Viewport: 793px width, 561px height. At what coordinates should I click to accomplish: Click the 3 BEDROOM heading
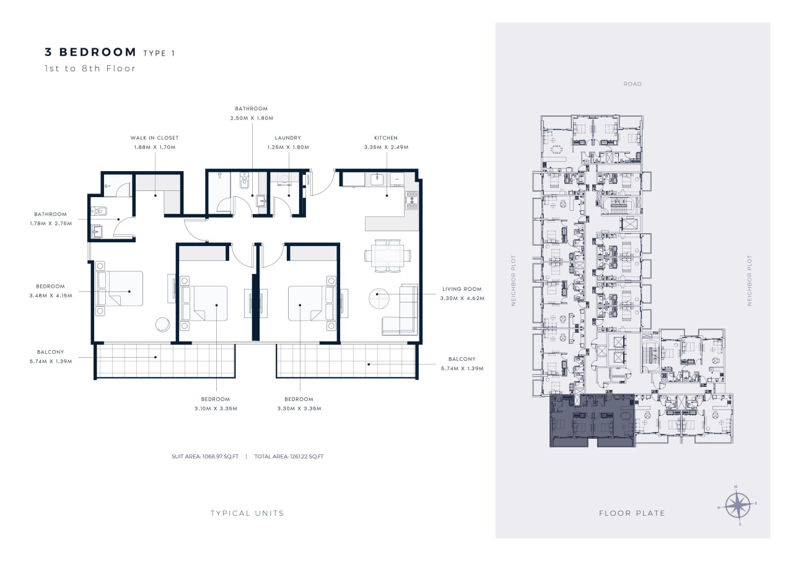(x=90, y=52)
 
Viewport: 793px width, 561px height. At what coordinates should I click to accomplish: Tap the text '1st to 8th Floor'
(x=90, y=68)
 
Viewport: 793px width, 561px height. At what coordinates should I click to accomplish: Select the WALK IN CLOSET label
(x=155, y=138)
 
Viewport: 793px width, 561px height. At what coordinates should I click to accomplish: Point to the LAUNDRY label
(x=288, y=138)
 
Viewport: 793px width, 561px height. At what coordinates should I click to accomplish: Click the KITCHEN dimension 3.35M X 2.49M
(x=386, y=147)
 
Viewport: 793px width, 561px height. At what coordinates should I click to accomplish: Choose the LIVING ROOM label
(x=462, y=289)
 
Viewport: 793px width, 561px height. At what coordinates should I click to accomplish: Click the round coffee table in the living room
(x=379, y=298)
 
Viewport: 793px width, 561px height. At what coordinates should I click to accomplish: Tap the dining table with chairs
(x=388, y=256)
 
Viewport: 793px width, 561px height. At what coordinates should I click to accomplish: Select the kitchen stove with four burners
(x=412, y=200)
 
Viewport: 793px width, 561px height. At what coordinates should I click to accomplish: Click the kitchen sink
(x=377, y=179)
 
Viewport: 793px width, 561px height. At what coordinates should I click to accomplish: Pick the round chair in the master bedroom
(x=163, y=324)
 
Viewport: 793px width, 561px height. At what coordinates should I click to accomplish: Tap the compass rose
(x=738, y=505)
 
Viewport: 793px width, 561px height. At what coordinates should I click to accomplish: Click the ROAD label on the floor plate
(x=633, y=84)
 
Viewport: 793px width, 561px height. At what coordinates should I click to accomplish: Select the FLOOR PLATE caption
(x=632, y=513)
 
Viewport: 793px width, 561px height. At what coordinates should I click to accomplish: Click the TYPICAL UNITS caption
(x=247, y=513)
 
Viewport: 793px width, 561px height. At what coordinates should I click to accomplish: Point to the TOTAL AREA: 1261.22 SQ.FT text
(x=289, y=456)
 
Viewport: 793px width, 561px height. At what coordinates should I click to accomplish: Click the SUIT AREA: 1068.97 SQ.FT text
(x=205, y=456)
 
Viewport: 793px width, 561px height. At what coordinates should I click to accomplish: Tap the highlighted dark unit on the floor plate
(x=592, y=420)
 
